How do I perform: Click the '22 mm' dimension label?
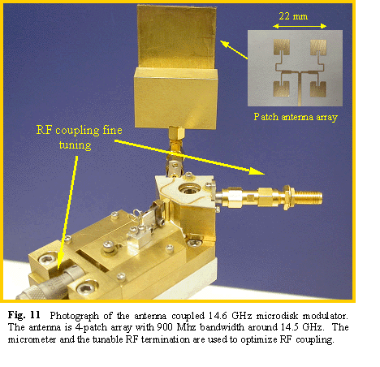[x=293, y=16]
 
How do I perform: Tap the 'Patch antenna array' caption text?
[x=296, y=117]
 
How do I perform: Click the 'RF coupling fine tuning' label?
[x=79, y=137]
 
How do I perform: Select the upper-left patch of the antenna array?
[x=282, y=46]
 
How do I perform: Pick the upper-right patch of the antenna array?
[x=318, y=46]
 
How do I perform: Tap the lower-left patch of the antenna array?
[x=281, y=89]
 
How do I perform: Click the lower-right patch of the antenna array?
[x=318, y=89]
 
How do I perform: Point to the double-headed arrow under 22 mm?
[x=300, y=26]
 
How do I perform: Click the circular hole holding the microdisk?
[x=190, y=188]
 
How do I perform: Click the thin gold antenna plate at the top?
[x=176, y=37]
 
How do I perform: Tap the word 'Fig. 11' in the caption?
[x=24, y=315]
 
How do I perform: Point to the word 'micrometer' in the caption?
[x=32, y=339]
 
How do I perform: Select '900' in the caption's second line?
[x=165, y=327]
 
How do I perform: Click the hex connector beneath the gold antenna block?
[x=177, y=133]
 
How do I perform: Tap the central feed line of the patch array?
[x=300, y=89]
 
